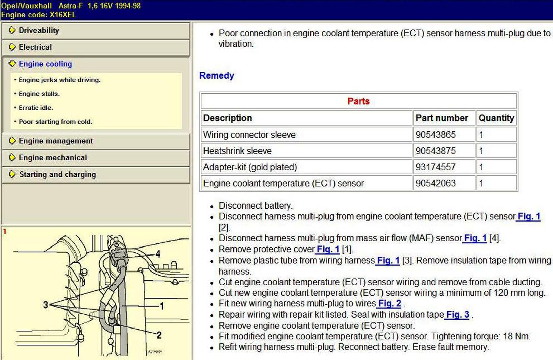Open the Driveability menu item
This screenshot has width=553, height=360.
point(39,31)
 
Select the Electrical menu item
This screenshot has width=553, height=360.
point(35,47)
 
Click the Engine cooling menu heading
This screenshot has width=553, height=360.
point(45,64)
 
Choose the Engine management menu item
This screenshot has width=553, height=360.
point(56,141)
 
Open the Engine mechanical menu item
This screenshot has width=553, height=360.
point(53,158)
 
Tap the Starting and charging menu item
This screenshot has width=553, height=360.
point(57,175)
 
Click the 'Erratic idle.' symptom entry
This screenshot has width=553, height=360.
point(36,108)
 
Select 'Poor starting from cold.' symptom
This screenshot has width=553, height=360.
point(55,122)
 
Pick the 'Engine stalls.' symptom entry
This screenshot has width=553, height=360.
point(39,94)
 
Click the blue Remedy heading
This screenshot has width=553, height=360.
point(216,76)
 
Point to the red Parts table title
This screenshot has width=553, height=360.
point(359,101)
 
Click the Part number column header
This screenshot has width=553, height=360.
point(442,118)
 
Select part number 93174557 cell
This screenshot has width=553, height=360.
point(435,167)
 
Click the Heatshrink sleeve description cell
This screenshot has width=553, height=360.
point(237,151)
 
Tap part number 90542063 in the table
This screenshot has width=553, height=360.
point(435,183)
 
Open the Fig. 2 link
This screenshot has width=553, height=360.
point(390,303)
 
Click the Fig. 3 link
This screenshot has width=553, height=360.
point(458,315)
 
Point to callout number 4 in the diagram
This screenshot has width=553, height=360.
point(158,254)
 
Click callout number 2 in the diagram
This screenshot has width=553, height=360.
point(159,335)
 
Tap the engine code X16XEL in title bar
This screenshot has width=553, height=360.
point(63,15)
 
